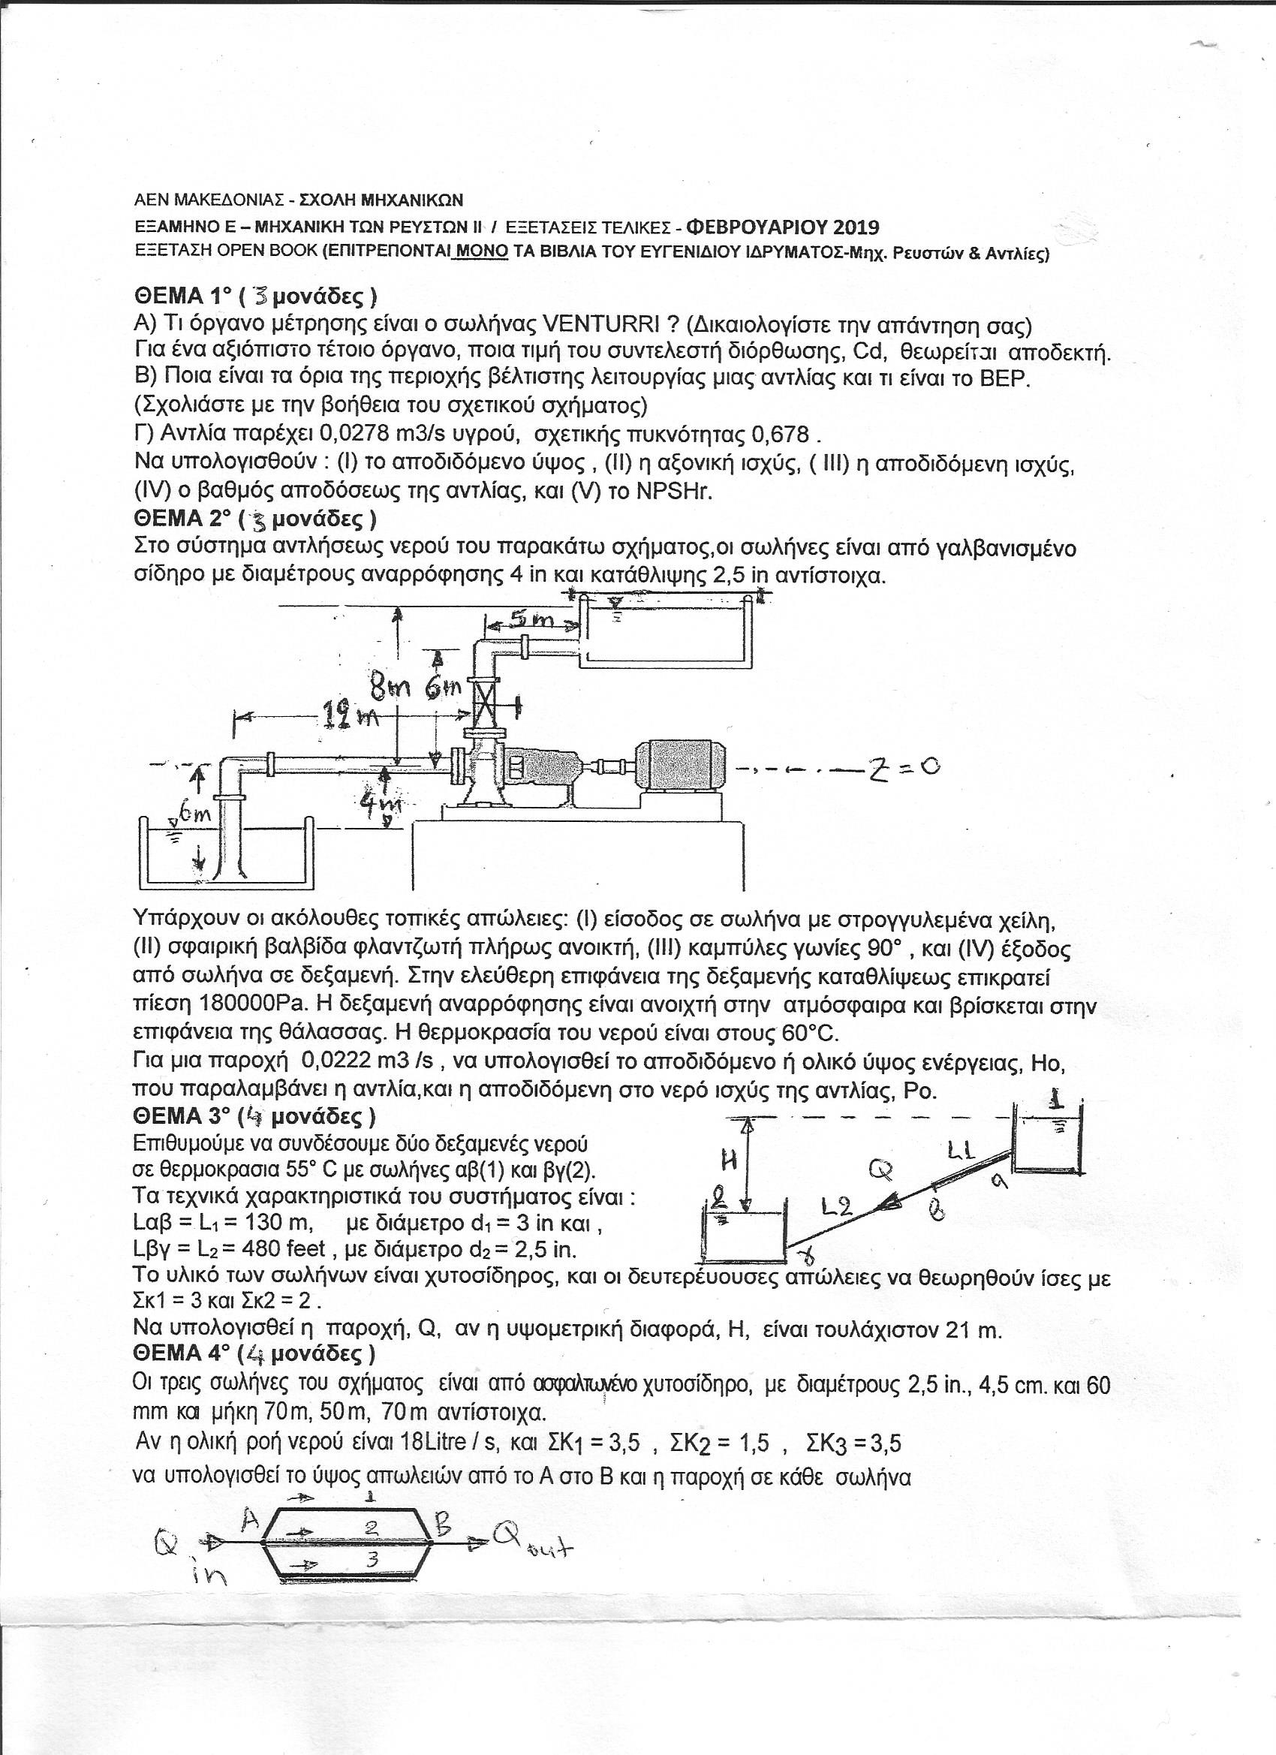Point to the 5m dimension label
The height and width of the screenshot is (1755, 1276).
click(x=531, y=619)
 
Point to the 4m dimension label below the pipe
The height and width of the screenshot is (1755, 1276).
click(x=381, y=806)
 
